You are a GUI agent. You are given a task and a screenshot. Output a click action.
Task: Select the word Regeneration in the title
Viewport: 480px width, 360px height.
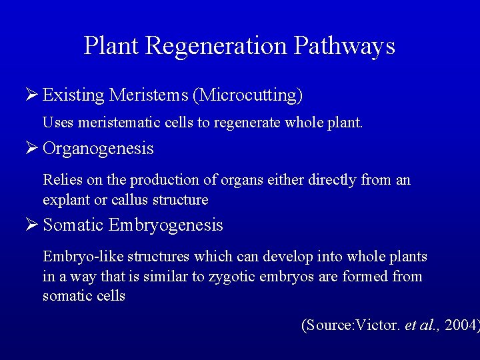[x=217, y=46]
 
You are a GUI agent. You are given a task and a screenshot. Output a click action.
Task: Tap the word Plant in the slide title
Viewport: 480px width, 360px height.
[x=112, y=46]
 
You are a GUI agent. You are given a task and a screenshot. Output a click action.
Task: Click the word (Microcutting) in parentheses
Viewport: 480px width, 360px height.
[x=247, y=95]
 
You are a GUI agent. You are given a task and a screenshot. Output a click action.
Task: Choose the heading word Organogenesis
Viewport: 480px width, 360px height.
[x=98, y=148]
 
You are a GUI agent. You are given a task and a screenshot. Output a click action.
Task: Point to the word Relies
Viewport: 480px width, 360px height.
[x=61, y=180]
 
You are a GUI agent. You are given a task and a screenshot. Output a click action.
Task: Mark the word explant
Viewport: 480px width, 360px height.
[x=65, y=200]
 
